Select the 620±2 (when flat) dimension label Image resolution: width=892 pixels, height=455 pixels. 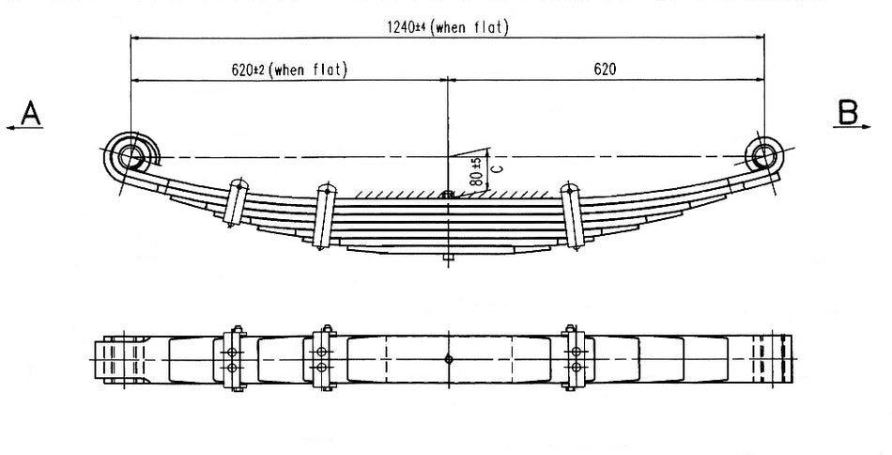tap(288, 70)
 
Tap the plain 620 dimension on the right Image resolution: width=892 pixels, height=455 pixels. tap(604, 70)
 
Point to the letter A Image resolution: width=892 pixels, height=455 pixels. tap(31, 114)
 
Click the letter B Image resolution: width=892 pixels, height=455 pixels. tap(847, 114)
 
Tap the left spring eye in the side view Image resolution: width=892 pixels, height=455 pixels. tap(131, 155)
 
